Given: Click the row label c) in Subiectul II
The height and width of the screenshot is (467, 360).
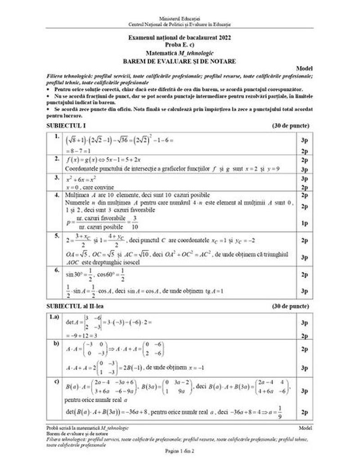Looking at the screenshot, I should [57, 383].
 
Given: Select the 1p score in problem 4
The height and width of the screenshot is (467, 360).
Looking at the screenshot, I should [304, 222].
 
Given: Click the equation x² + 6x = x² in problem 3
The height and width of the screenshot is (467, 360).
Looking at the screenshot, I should [78, 179].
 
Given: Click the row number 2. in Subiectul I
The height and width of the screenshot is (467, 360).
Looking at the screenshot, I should [57, 159].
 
